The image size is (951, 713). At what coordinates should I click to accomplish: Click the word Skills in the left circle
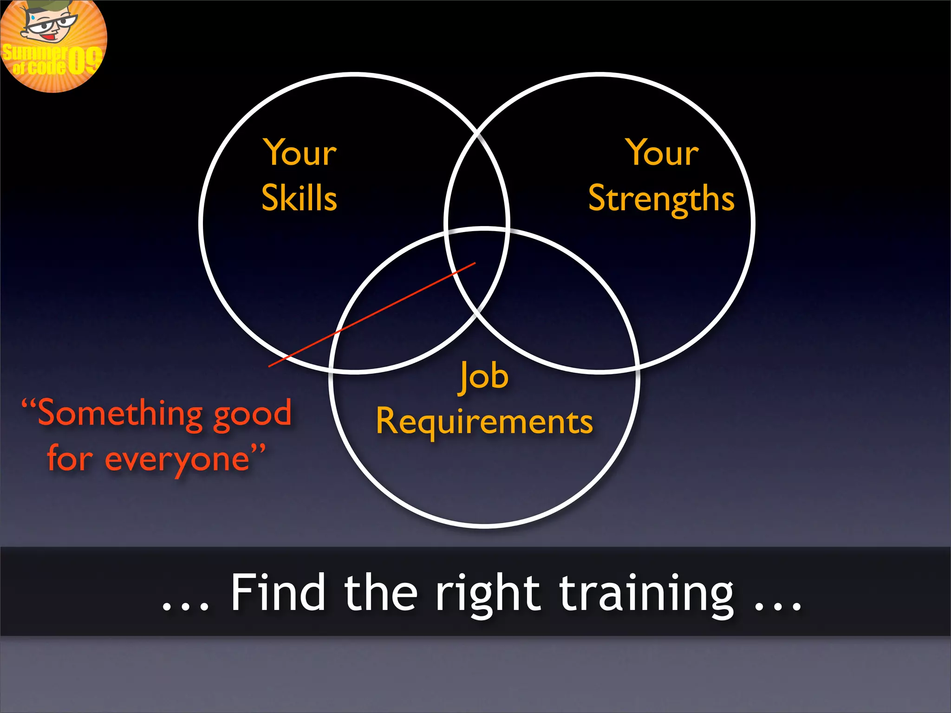point(300,198)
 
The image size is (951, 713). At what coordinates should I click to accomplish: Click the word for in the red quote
point(70,459)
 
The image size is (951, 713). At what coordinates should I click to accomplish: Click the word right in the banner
point(487,594)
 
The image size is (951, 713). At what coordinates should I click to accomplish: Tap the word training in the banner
point(646,594)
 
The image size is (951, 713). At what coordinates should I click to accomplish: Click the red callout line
point(371,315)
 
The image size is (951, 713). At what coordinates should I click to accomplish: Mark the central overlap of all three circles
point(476,260)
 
